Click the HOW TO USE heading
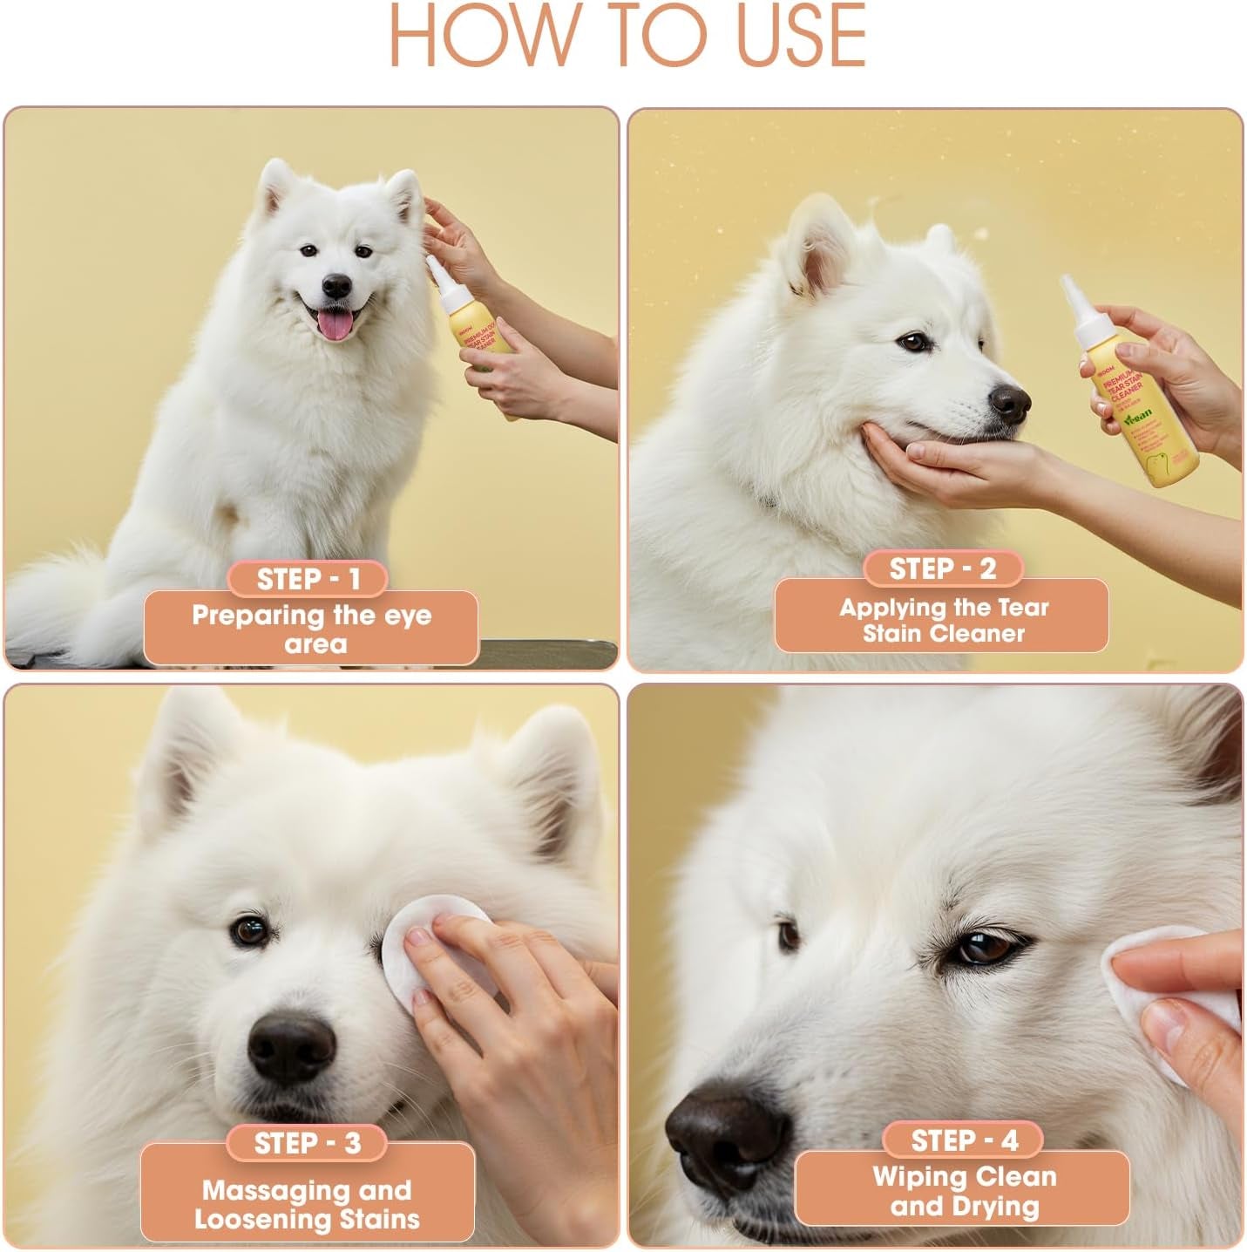tap(627, 37)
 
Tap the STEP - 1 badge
tap(308, 579)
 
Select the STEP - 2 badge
tap(942, 568)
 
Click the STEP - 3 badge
tap(307, 1143)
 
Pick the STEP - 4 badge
tap(964, 1140)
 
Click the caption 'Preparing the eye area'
tap(311, 629)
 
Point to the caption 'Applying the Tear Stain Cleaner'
tap(942, 620)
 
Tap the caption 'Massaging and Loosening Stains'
tap(307, 1204)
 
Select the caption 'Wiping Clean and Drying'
tap(964, 1191)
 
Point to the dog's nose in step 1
tap(336, 285)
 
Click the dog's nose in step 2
tap(1009, 403)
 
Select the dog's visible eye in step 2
tap(913, 341)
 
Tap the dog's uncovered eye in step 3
tap(250, 930)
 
